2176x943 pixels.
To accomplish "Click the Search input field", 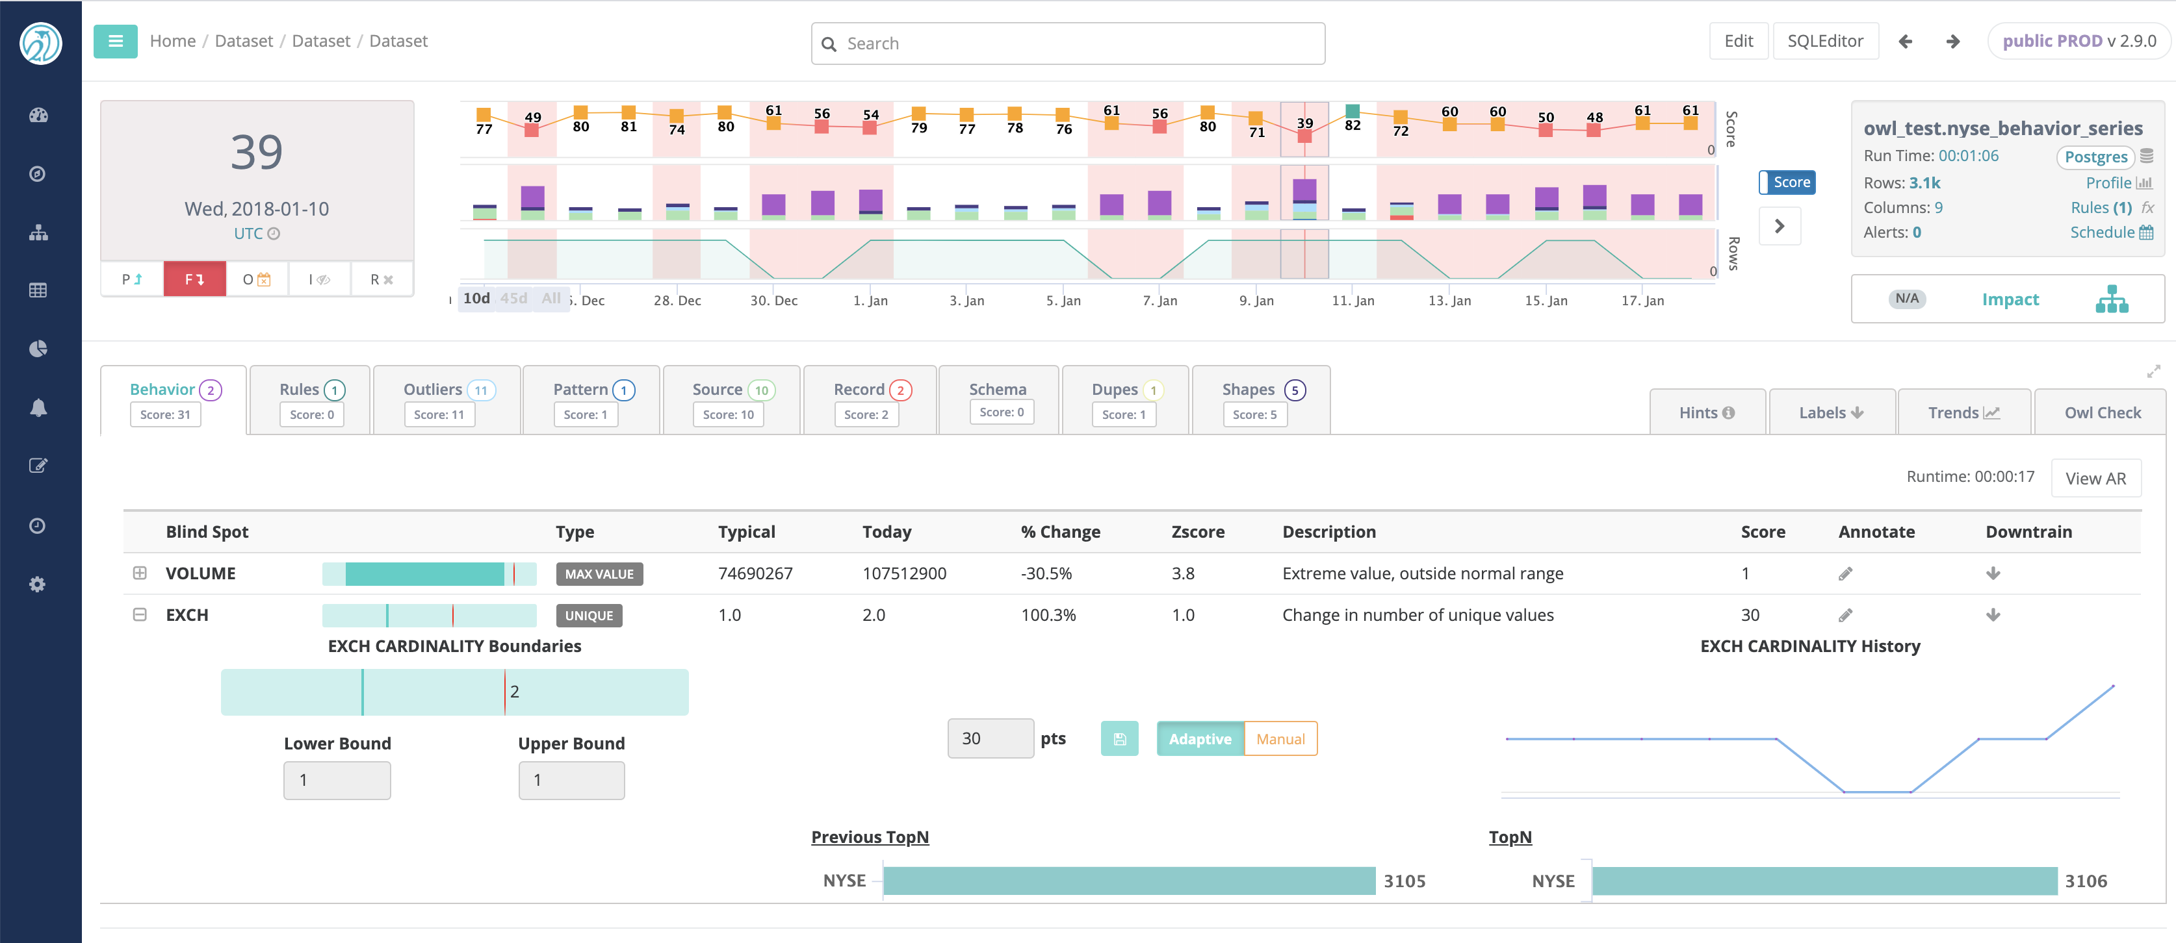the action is point(1068,43).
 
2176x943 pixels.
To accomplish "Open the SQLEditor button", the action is point(1824,40).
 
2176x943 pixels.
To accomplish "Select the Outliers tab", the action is point(447,399).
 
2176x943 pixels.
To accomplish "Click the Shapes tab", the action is point(1261,399).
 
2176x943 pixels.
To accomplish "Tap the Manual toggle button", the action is point(1280,738).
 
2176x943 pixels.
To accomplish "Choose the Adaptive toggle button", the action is point(1200,738).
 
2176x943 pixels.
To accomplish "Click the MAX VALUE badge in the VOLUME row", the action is point(599,574).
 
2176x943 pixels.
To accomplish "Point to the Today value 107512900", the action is point(904,573).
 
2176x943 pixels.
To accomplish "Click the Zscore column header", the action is point(1197,532).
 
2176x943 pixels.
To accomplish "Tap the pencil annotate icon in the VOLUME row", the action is point(1845,574).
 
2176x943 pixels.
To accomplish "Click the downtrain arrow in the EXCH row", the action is point(1993,614).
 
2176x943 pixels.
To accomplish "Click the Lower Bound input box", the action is point(337,780).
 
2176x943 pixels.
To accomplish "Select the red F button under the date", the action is point(194,279).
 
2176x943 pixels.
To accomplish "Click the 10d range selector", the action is point(476,299).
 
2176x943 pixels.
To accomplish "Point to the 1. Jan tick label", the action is point(870,301).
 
